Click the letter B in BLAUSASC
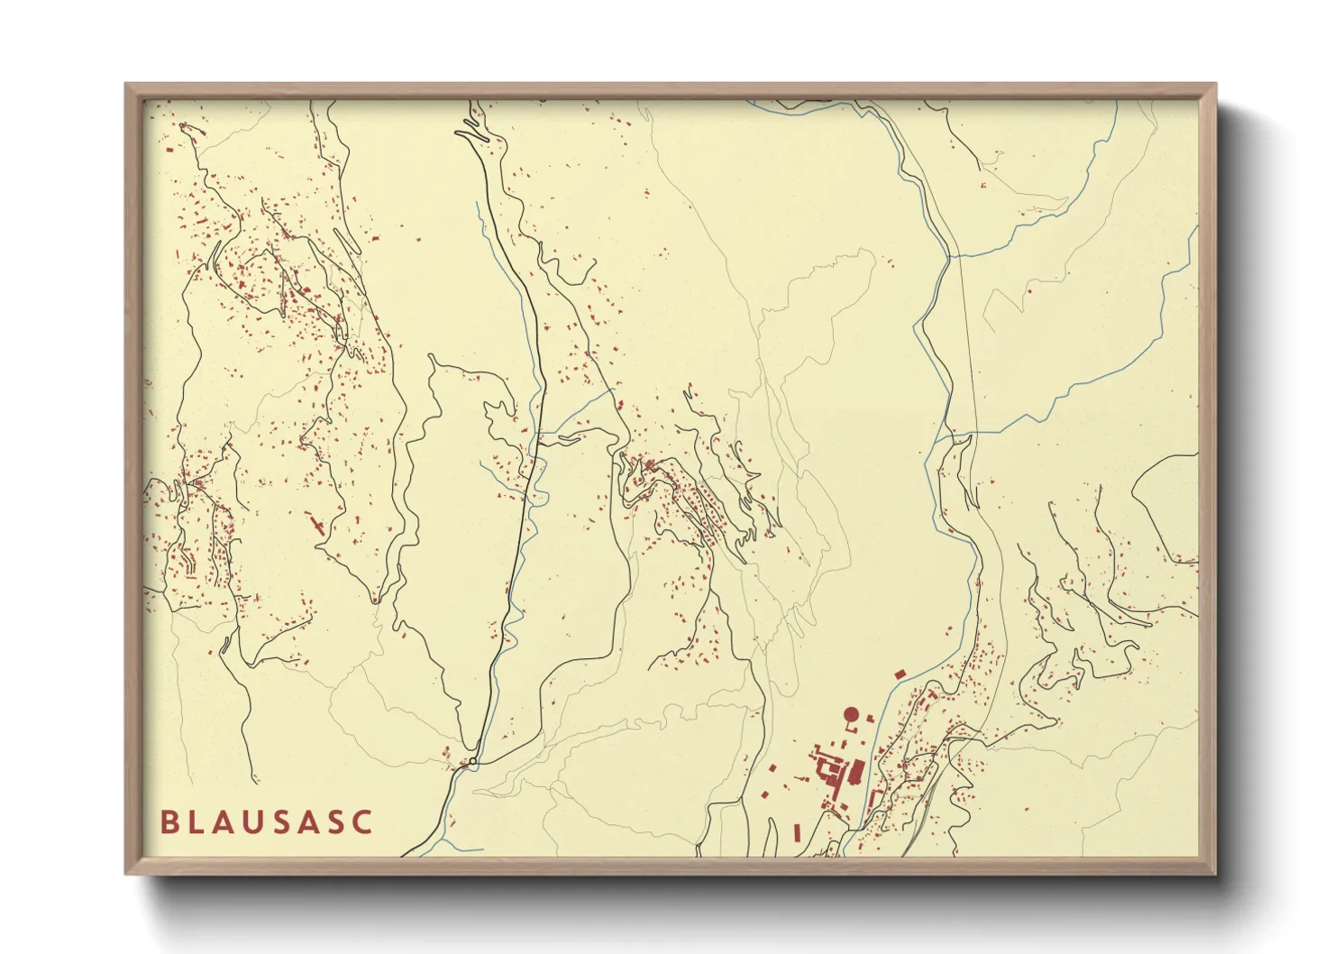169,822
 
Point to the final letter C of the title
362,822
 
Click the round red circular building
850,715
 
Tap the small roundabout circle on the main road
472,762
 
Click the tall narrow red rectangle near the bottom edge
797,831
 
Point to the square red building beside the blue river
898,674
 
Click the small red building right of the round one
870,718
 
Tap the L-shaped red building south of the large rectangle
873,799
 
